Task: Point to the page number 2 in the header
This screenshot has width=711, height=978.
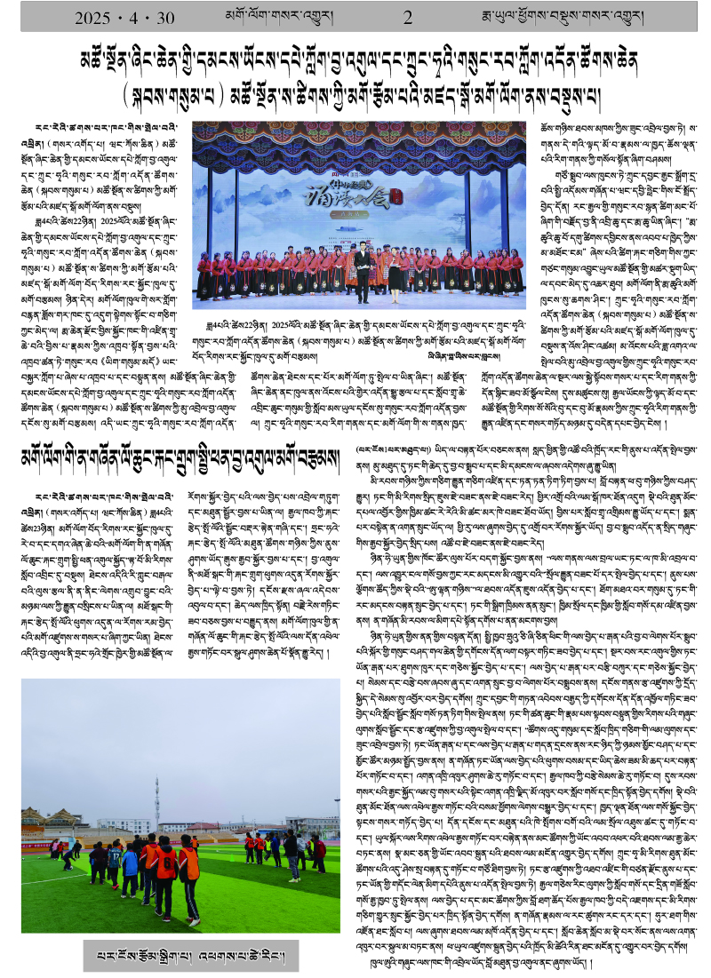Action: [x=408, y=18]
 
